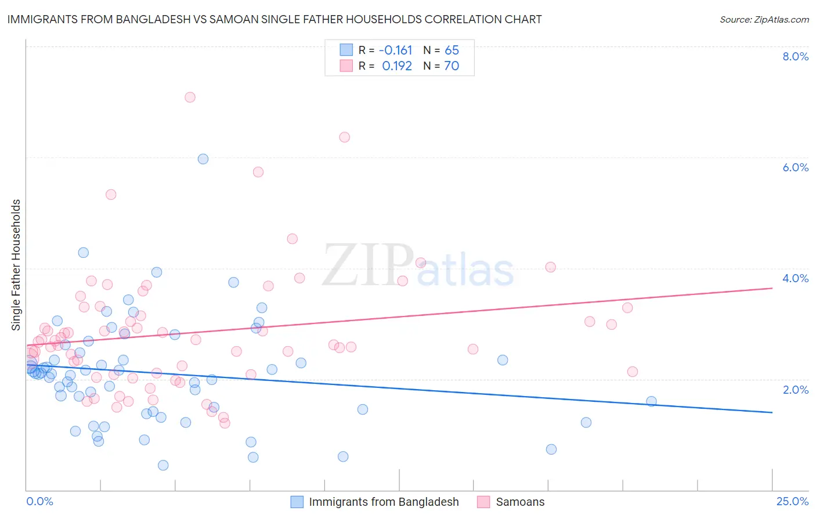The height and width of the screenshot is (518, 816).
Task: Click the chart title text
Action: click(x=275, y=19)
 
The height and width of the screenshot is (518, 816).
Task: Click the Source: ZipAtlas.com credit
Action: click(x=764, y=19)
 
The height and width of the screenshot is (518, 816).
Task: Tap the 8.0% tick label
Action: click(x=795, y=56)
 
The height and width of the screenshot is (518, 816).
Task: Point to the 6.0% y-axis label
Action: click(x=795, y=167)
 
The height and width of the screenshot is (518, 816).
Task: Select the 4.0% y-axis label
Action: click(x=795, y=278)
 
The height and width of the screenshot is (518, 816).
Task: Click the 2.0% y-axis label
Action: click(x=795, y=390)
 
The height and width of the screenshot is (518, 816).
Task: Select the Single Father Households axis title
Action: click(x=16, y=265)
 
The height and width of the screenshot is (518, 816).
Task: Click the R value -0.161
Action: click(x=395, y=51)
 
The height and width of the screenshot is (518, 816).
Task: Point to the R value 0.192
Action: click(x=397, y=66)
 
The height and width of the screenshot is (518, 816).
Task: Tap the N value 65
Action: click(x=452, y=51)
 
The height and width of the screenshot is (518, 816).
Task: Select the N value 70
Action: click(x=452, y=66)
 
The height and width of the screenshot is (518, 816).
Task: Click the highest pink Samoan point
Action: click(x=190, y=97)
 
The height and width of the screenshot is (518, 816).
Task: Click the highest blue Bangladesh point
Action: click(x=203, y=159)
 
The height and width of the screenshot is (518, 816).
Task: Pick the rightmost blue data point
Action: click(x=651, y=401)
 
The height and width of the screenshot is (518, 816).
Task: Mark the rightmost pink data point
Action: click(x=633, y=372)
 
